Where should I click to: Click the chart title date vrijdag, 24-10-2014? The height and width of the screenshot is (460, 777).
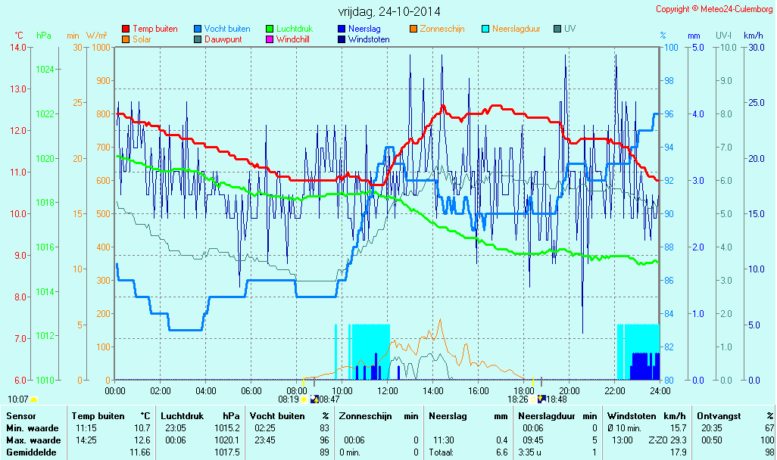[x=389, y=11]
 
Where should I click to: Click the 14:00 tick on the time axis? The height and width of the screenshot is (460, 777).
[x=433, y=390]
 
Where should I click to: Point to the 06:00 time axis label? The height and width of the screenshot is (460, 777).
[x=251, y=390]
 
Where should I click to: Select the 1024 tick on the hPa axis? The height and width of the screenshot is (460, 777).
[x=45, y=69]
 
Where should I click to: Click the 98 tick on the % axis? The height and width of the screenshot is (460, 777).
[x=669, y=80]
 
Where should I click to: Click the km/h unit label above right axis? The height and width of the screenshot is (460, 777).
[x=753, y=36]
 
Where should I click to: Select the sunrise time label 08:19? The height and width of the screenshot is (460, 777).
[x=289, y=399]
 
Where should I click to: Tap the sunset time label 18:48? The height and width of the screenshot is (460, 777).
[x=557, y=399]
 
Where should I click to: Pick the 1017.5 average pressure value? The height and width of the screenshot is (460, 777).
[x=228, y=452]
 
